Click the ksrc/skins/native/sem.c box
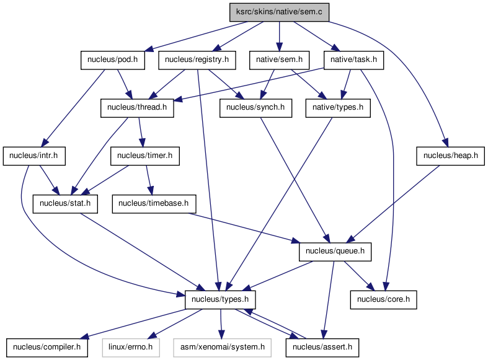(x=279, y=12)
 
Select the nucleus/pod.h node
(x=113, y=60)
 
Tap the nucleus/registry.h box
(x=197, y=60)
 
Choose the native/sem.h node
(x=279, y=60)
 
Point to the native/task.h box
(x=353, y=60)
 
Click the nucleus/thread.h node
(x=137, y=108)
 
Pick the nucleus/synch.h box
(x=255, y=108)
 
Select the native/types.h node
(x=338, y=108)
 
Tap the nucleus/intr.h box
(x=34, y=156)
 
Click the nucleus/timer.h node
(x=145, y=156)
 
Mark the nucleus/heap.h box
(x=450, y=156)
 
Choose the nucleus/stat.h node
(x=65, y=204)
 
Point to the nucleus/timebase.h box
(x=154, y=204)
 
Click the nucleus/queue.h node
(x=335, y=252)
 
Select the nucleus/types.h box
(x=220, y=300)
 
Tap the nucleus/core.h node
(x=383, y=300)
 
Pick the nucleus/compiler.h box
(x=47, y=348)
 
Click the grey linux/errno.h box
(x=131, y=348)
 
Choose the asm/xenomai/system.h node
(x=223, y=348)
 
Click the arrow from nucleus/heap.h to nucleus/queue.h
(x=394, y=204)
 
